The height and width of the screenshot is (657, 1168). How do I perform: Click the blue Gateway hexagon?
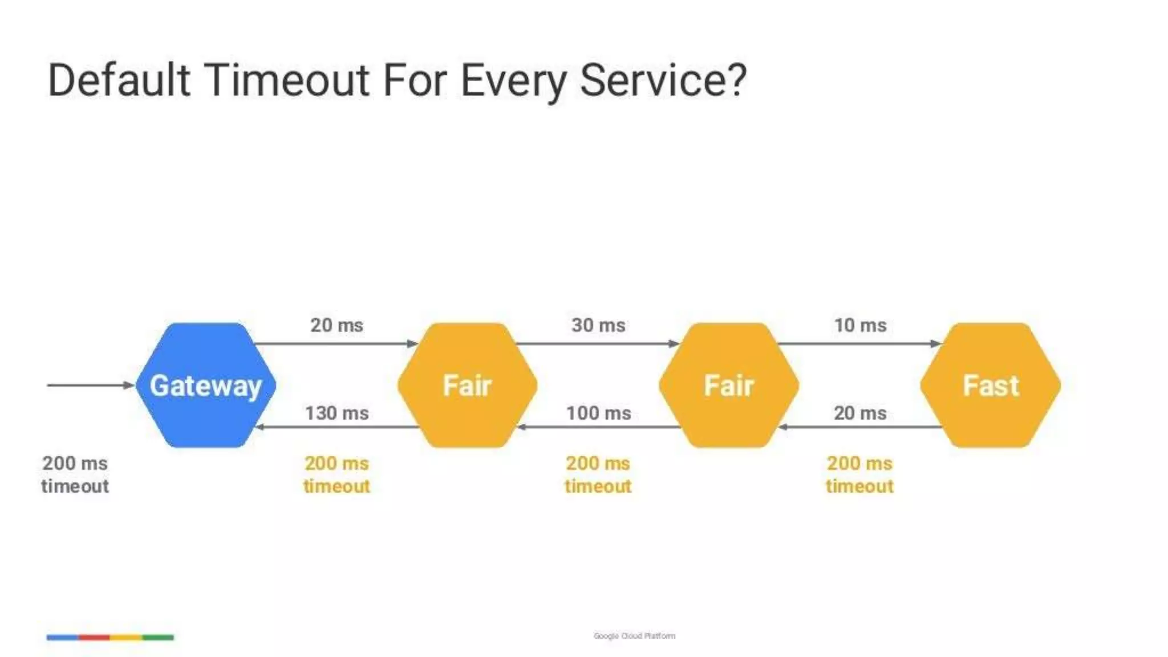click(205, 386)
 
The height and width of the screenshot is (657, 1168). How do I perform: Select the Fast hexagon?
click(991, 386)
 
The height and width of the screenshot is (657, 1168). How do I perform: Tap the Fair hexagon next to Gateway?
click(467, 386)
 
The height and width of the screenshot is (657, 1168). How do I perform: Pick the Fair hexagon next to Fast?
click(729, 386)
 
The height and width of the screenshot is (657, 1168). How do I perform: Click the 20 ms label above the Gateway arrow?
click(336, 325)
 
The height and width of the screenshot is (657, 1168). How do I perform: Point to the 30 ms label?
click(598, 325)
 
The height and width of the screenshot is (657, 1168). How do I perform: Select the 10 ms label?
click(860, 325)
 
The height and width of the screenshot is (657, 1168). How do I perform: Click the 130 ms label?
click(336, 413)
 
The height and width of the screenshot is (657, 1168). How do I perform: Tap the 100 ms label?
click(598, 413)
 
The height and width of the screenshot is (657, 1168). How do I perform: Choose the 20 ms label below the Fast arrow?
click(860, 413)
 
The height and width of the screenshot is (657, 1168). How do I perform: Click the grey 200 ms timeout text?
click(75, 474)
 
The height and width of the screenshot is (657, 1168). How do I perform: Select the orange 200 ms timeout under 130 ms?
click(336, 474)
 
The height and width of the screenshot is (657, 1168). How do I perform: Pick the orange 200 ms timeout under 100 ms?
click(598, 474)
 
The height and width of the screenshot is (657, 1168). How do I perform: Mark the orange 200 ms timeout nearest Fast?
click(859, 474)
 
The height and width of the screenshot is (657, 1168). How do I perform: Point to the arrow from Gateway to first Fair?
click(336, 343)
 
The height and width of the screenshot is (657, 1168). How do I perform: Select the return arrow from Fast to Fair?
click(860, 427)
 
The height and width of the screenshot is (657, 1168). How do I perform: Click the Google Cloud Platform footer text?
click(634, 636)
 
